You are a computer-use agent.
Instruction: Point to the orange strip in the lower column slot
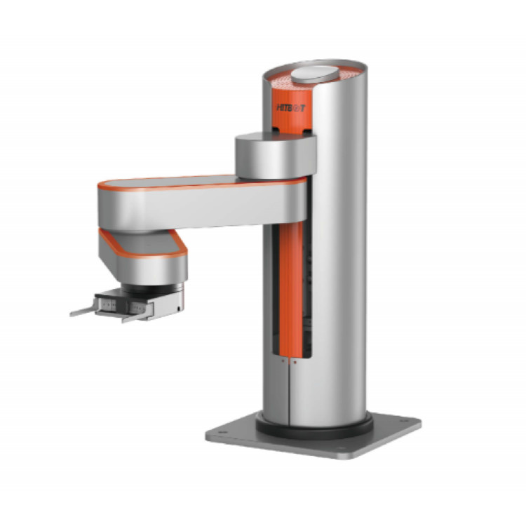click(290, 295)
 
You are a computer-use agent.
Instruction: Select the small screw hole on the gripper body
click(180, 306)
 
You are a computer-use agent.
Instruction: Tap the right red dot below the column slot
click(295, 362)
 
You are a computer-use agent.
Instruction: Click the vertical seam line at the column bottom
click(290, 393)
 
